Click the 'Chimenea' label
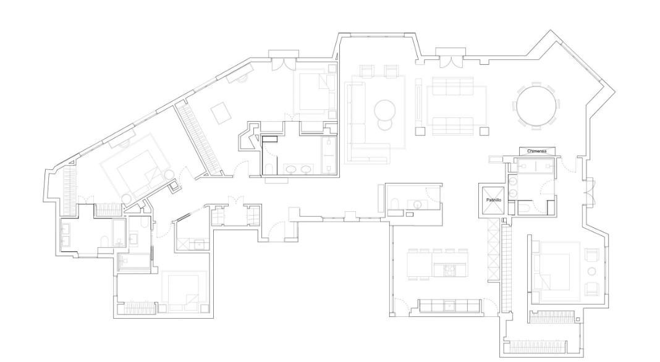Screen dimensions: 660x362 pos(536,151)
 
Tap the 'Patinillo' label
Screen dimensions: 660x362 pos(493,200)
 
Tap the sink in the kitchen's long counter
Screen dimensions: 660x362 pos(450,305)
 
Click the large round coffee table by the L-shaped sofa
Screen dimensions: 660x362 pos(384,109)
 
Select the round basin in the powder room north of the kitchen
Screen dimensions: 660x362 pos(417,204)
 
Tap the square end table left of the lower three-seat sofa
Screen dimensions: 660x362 pos(420,132)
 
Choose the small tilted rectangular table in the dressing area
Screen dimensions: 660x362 pos(221,113)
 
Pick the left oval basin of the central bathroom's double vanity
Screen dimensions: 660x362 pos(291,170)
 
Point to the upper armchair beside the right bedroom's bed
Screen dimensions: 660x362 pos(592,255)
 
